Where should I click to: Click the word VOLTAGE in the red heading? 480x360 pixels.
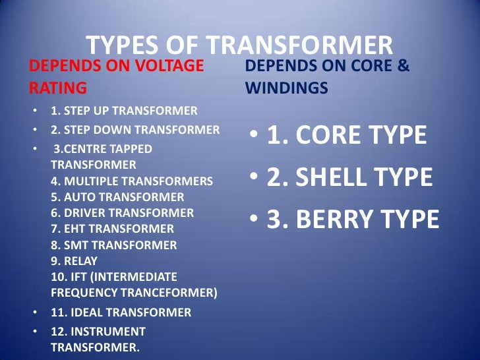[167, 66]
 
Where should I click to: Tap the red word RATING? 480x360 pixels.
[58, 88]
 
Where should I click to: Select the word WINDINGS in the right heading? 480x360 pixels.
[286, 88]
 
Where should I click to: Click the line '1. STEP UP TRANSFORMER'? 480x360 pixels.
[123, 109]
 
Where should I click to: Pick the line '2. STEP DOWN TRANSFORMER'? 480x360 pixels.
[135, 130]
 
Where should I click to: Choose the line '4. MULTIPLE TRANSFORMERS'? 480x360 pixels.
[132, 181]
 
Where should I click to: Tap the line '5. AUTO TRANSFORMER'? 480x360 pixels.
[117, 196]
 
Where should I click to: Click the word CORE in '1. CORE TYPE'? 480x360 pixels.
[328, 135]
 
